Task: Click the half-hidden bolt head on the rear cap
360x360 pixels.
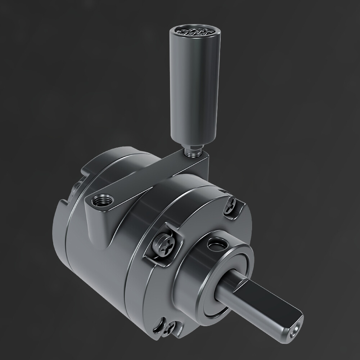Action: coord(78,187)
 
